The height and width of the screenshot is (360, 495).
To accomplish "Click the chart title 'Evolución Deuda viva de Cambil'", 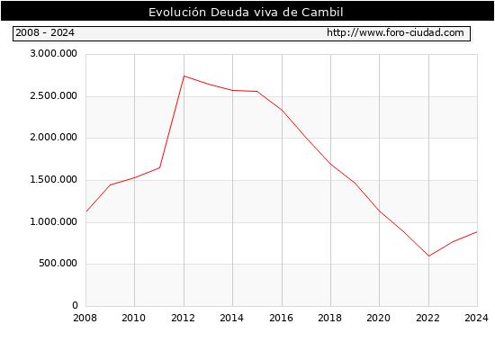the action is (246, 13).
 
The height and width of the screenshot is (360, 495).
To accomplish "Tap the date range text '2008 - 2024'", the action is (45, 32).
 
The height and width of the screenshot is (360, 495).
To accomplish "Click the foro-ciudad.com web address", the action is (395, 32).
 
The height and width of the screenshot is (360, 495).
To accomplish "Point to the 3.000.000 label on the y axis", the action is (53, 54).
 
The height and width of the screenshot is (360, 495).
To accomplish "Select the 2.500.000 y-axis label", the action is (53, 95).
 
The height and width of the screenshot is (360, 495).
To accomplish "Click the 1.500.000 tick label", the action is (53, 180).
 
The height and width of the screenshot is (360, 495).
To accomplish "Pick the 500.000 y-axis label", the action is (58, 264).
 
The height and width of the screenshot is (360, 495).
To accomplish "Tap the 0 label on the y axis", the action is (75, 305).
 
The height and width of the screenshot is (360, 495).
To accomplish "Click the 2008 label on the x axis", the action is (85, 318).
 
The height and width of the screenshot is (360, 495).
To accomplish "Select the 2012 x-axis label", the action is (183, 318).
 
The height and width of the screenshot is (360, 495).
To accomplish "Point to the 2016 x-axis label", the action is (282, 318).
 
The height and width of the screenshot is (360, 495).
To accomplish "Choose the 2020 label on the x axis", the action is (379, 318).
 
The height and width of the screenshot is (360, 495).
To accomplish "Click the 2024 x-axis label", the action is (476, 318).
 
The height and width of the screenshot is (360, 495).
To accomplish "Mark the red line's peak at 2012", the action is (184, 76).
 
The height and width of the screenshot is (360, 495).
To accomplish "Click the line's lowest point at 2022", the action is (428, 256).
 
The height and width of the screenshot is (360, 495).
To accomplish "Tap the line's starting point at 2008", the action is (86, 211).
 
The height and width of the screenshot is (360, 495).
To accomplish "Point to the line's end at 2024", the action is (477, 232).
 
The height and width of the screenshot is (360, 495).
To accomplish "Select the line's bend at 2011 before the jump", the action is (159, 167).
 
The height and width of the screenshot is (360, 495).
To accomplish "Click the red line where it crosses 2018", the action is (331, 164).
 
